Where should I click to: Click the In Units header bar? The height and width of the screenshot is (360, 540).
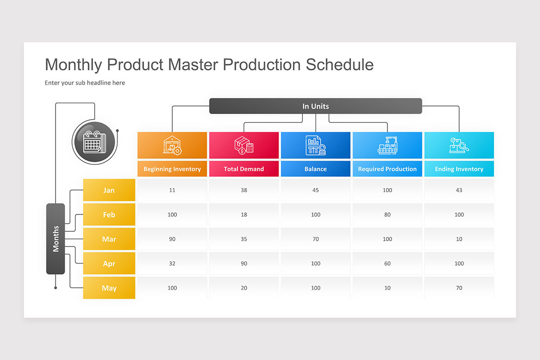tap(315, 106)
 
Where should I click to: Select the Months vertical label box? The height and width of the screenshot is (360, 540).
tap(56, 238)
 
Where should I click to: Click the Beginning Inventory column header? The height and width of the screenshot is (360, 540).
tap(172, 169)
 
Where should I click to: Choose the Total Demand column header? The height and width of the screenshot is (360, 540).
tap(244, 169)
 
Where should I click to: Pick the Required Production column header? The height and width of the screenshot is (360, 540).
tap(387, 169)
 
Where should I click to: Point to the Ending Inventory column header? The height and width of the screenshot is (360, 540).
tap(459, 169)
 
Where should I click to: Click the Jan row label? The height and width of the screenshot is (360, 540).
tap(109, 190)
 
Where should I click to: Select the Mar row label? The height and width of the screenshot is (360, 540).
tap(109, 239)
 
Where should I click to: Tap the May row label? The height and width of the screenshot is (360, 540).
tap(109, 288)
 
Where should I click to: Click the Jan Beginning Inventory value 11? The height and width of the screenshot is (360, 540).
tap(172, 190)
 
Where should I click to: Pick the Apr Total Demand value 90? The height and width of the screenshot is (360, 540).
tap(244, 263)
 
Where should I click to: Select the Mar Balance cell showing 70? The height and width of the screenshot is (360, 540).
tap(315, 239)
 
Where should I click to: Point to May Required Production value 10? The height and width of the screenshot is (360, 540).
tap(387, 288)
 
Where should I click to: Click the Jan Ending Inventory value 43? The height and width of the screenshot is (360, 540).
tap(459, 190)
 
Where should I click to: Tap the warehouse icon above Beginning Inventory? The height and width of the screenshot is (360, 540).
tap(172, 145)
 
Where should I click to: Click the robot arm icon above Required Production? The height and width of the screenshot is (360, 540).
tap(387, 145)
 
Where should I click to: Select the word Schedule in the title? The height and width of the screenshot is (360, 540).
tap(340, 65)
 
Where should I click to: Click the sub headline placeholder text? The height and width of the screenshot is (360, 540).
tap(85, 83)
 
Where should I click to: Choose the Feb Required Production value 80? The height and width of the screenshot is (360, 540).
tap(387, 215)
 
